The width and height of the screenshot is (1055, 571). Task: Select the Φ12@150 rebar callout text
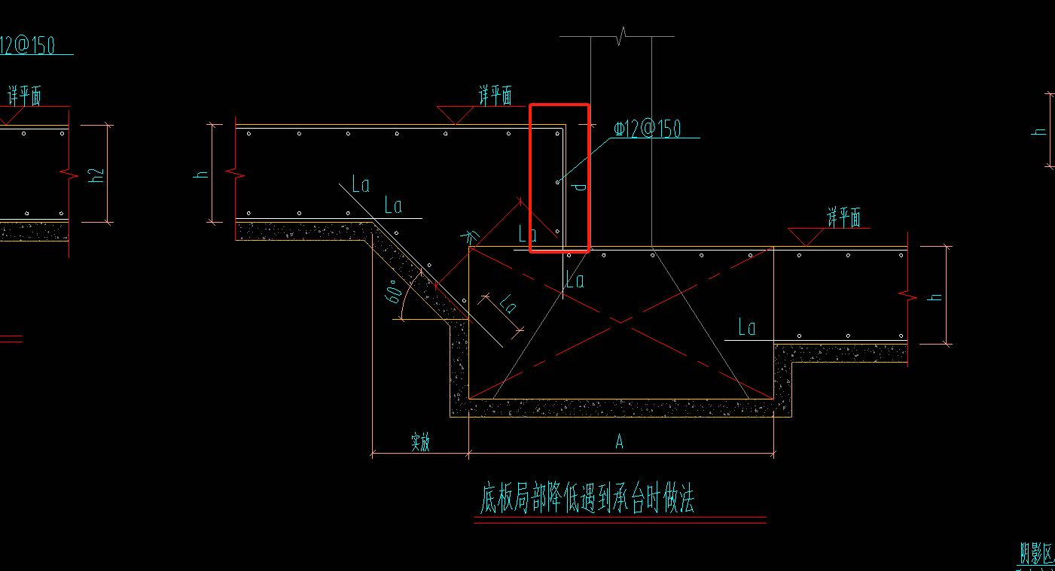[648, 129]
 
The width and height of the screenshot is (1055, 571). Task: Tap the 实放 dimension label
[420, 442]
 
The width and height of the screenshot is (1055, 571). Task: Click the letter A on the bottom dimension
[620, 442]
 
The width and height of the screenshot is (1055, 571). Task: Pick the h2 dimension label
[95, 175]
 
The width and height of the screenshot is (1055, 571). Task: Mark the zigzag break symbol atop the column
[621, 35]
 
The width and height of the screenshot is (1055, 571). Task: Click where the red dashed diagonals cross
[620, 322]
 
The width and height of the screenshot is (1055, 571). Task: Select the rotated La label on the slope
[508, 304]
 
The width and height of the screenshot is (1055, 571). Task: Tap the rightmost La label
[746, 327]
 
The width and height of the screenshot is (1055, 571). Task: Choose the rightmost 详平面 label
[843, 218]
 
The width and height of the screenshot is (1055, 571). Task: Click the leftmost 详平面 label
[24, 96]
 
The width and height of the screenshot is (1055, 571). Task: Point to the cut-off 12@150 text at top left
[29, 45]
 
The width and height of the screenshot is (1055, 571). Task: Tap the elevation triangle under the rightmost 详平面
[806, 237]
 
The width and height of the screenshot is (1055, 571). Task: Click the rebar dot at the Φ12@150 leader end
[558, 182]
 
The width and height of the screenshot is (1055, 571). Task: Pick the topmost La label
[361, 185]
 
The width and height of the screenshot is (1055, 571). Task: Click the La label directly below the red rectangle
[575, 281]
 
